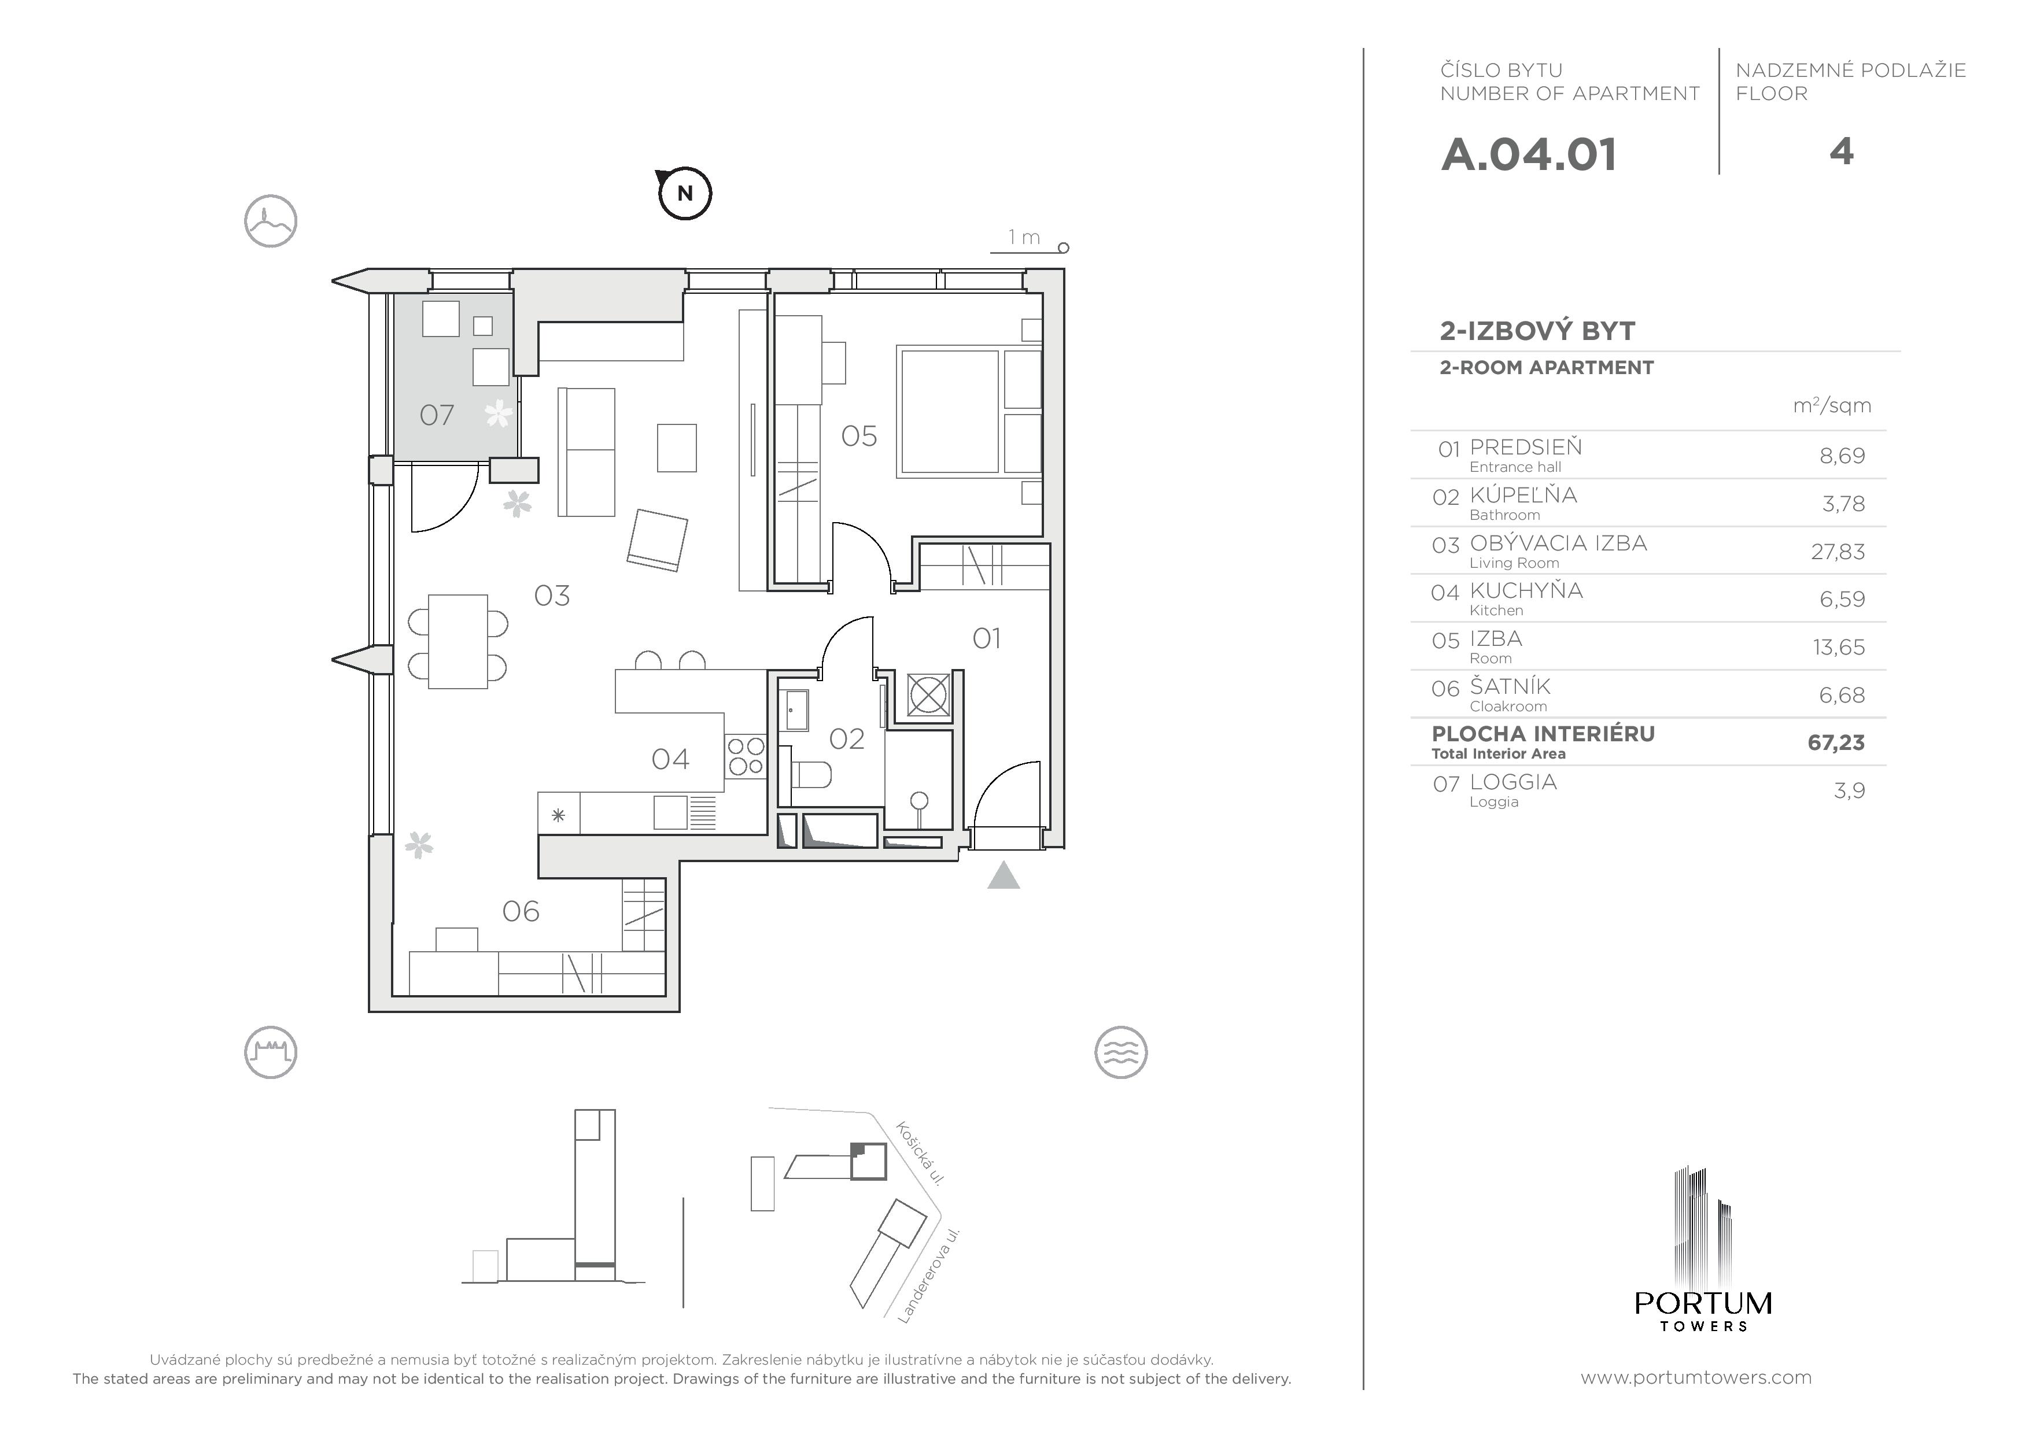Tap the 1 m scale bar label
1024,237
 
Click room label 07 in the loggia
437,415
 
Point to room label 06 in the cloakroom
521,911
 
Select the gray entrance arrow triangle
1003,875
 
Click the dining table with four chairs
458,641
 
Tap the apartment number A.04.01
1529,154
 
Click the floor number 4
1841,152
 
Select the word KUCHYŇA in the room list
1526,590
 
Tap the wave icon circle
1120,1052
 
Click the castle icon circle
271,1052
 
